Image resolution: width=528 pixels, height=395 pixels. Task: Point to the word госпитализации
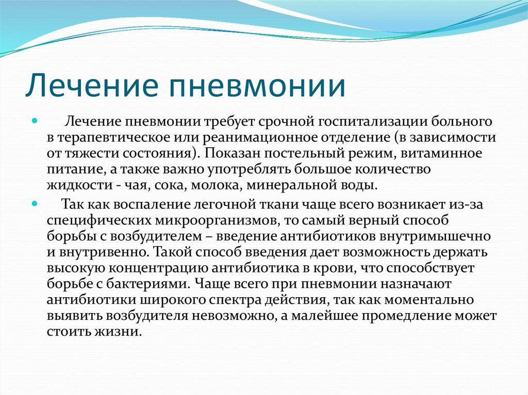(x=372, y=122)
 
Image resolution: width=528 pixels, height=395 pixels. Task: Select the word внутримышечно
(x=435, y=236)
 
